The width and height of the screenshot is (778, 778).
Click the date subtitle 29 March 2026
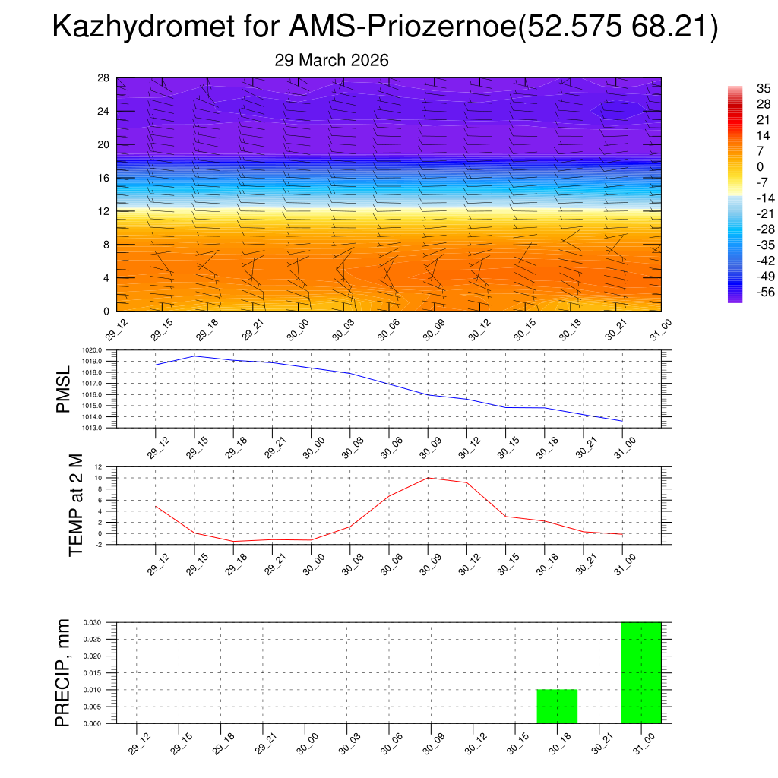point(331,60)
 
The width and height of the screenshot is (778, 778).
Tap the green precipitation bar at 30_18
point(557,707)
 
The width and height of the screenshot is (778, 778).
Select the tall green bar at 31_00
point(640,672)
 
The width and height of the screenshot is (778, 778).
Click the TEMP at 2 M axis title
point(77,504)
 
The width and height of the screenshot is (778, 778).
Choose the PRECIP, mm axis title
point(63,672)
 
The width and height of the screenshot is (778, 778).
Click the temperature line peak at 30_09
point(428,478)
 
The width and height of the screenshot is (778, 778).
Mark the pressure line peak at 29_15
point(194,356)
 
